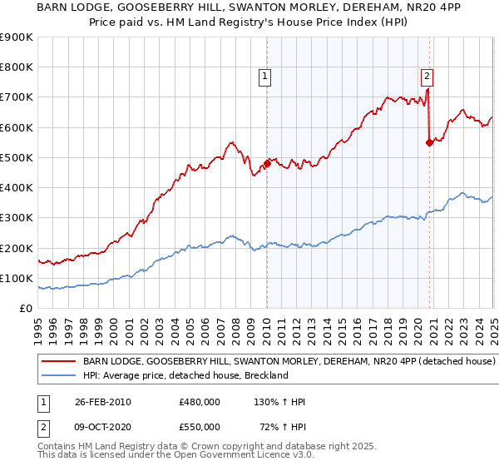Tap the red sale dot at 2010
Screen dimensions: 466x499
267,163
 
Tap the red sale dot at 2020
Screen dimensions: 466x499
429,142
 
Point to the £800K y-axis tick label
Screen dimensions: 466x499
16,67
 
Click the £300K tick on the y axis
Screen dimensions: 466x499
16,218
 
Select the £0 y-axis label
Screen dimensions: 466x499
26,309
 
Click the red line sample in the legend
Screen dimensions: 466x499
59,362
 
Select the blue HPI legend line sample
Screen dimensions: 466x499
59,375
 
